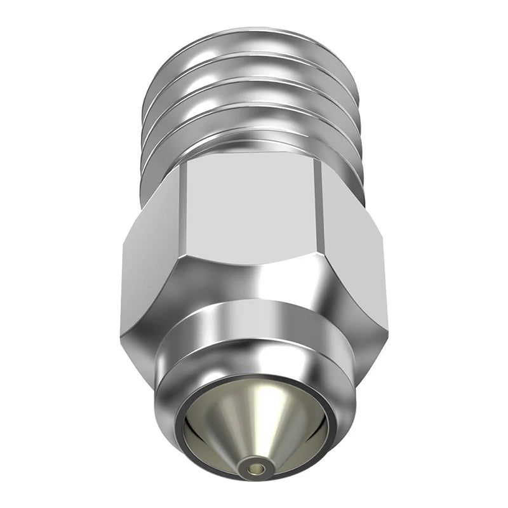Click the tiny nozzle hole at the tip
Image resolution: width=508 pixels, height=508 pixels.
pyautogui.click(x=255, y=470)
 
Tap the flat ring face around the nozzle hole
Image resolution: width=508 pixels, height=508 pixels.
pyautogui.click(x=248, y=472)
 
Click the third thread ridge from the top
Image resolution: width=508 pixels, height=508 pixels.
pyautogui.click(x=254, y=95)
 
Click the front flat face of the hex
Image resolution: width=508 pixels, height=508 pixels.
pyautogui.click(x=254, y=203)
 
